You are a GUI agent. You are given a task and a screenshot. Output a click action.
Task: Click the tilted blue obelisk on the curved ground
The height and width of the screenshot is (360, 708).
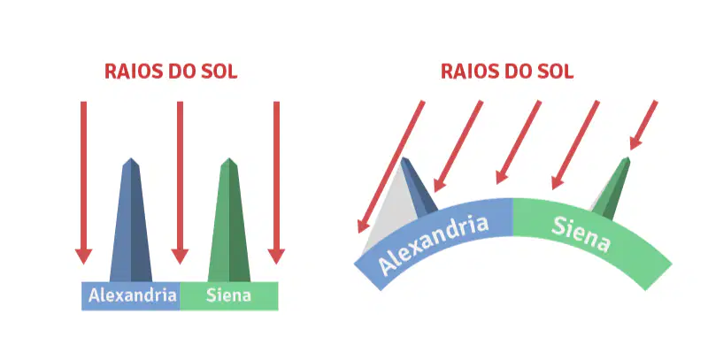(418, 186)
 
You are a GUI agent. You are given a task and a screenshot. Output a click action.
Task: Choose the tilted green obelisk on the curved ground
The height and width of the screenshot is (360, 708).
(611, 188)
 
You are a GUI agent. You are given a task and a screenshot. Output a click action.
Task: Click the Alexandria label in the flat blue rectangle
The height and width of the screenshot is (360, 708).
(132, 295)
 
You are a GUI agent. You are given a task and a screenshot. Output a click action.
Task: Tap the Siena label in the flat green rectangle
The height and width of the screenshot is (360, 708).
(228, 295)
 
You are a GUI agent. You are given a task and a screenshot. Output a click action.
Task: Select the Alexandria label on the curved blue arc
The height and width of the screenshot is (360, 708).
(433, 244)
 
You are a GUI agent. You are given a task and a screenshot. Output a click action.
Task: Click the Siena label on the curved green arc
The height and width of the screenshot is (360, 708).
(581, 234)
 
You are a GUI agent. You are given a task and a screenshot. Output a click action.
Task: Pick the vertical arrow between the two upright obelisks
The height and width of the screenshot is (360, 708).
(180, 182)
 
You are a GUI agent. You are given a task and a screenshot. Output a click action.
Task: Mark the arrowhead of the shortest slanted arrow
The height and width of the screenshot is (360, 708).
(635, 143)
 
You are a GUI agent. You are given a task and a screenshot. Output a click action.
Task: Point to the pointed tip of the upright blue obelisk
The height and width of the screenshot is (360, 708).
(131, 158)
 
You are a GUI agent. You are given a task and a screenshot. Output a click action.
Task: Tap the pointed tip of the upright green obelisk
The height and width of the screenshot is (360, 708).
(229, 158)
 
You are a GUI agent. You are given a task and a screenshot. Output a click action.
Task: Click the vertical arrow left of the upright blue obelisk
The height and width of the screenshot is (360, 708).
(83, 182)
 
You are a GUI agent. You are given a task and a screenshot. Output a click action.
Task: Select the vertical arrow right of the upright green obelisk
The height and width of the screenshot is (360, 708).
(276, 182)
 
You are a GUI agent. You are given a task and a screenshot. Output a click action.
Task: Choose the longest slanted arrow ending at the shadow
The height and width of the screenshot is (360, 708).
(391, 166)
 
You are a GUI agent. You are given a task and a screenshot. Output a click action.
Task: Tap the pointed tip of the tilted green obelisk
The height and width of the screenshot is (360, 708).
(627, 158)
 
